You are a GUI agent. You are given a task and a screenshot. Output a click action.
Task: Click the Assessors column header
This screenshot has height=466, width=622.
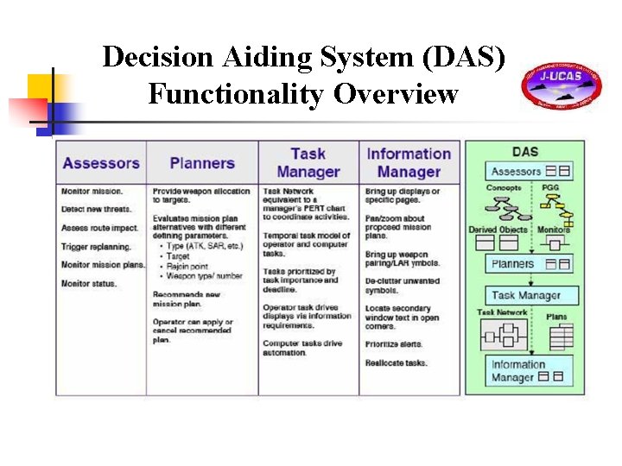pos(101,162)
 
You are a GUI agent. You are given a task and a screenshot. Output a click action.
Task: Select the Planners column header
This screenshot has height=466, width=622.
pos(202,162)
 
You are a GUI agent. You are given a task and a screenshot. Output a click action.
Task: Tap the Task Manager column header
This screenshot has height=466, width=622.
pos(308,162)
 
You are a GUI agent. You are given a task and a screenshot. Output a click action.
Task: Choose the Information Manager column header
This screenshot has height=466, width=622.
pos(409,162)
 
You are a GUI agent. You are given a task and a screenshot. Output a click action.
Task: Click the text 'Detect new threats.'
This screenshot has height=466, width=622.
pos(96,210)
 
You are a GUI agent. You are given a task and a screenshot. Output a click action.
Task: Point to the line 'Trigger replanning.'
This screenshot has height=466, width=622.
pos(96,246)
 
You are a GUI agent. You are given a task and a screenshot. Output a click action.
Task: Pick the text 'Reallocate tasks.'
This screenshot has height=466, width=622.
pos(396,363)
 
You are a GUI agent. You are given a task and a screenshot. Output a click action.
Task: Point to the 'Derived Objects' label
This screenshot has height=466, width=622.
pos(498,230)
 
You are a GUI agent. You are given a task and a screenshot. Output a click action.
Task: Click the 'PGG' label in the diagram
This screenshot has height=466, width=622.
pos(550,188)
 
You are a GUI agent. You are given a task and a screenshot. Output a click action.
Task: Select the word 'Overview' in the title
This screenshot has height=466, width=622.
pos(397,92)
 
